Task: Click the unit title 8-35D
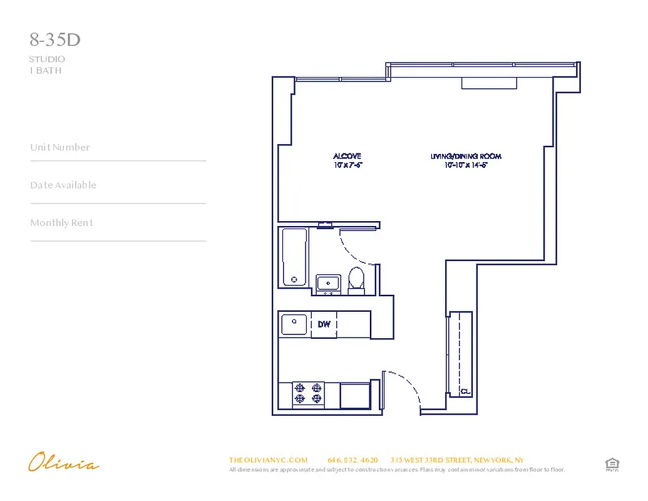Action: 55,40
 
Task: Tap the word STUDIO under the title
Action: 47,59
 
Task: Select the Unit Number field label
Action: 60,148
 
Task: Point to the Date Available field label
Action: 63,185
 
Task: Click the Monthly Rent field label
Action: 61,223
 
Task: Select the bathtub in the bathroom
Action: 294,257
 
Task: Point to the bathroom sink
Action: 328,284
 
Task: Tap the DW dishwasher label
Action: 324,324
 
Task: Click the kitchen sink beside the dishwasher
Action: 294,324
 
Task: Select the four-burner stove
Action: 308,393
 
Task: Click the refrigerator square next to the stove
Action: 354,395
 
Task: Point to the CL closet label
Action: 465,391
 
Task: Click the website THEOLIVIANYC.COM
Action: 269,460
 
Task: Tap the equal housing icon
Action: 612,464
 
